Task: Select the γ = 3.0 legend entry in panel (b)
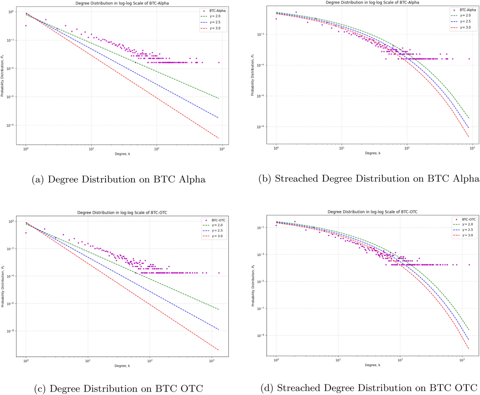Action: coord(455,28)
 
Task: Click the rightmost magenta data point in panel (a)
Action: coord(219,62)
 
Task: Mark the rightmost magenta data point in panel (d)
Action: coord(469,265)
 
